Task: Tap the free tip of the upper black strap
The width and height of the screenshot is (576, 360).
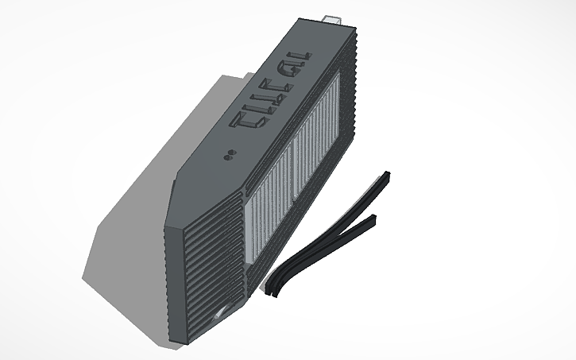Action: (388, 173)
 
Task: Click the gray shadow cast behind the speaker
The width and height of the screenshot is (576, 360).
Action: (143, 199)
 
